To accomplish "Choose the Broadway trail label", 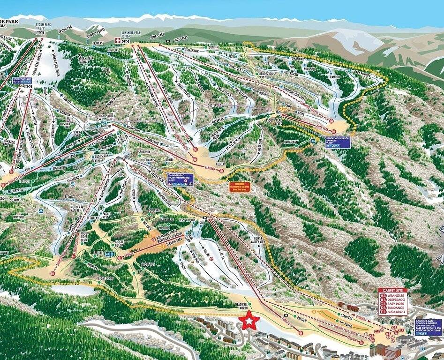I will pyautogui.click(x=291, y=142).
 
